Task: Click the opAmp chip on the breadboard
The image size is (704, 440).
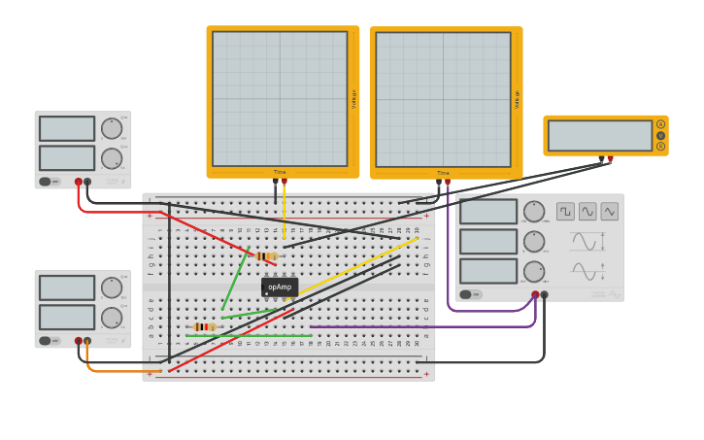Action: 280,288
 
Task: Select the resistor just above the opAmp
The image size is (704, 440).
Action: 266,256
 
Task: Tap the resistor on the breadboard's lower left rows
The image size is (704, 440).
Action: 204,327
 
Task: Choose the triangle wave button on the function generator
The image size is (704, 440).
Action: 609,211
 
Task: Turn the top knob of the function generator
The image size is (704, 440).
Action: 534,211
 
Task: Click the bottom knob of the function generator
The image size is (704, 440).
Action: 534,271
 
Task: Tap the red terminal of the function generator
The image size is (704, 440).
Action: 535,294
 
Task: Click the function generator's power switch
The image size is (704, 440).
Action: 466,294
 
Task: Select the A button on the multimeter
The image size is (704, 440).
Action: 660,124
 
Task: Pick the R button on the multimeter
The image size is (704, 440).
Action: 660,147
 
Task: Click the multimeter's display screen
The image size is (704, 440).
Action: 600,136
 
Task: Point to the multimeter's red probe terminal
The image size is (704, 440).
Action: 610,159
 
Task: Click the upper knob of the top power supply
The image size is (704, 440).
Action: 112,128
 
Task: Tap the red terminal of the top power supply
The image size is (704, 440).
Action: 79,182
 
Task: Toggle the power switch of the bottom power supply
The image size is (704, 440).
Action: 45,341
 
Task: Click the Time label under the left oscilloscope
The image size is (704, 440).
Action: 280,172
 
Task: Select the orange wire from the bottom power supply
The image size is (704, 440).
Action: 117,371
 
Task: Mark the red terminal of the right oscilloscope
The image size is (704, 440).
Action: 447,182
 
